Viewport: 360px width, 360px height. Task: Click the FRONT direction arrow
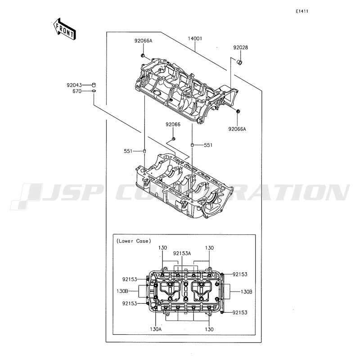pos(64,29)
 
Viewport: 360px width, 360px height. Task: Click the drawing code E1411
pos(301,11)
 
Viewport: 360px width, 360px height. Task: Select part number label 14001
pos(195,39)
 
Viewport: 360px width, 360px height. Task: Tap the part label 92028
pos(241,48)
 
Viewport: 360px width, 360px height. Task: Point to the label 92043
pos(74,85)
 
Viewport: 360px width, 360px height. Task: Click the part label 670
pos(77,91)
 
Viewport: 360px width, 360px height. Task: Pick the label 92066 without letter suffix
pos(173,125)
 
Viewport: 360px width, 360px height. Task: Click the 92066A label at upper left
pos(143,41)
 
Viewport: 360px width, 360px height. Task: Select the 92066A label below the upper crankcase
pos(237,129)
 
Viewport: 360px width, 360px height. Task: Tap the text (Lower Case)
pos(134,241)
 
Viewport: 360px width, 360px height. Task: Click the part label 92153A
pos(182,253)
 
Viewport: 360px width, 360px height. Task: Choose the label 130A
pos(156,329)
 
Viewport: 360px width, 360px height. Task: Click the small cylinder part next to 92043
pos(94,85)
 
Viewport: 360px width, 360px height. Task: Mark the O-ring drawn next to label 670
pos(94,91)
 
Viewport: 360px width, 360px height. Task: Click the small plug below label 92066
pos(174,139)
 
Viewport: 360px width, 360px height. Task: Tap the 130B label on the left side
pos(122,291)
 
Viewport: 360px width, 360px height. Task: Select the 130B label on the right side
pos(246,292)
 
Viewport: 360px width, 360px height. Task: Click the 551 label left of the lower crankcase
pos(128,151)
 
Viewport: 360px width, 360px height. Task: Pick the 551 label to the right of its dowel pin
pos(208,145)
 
